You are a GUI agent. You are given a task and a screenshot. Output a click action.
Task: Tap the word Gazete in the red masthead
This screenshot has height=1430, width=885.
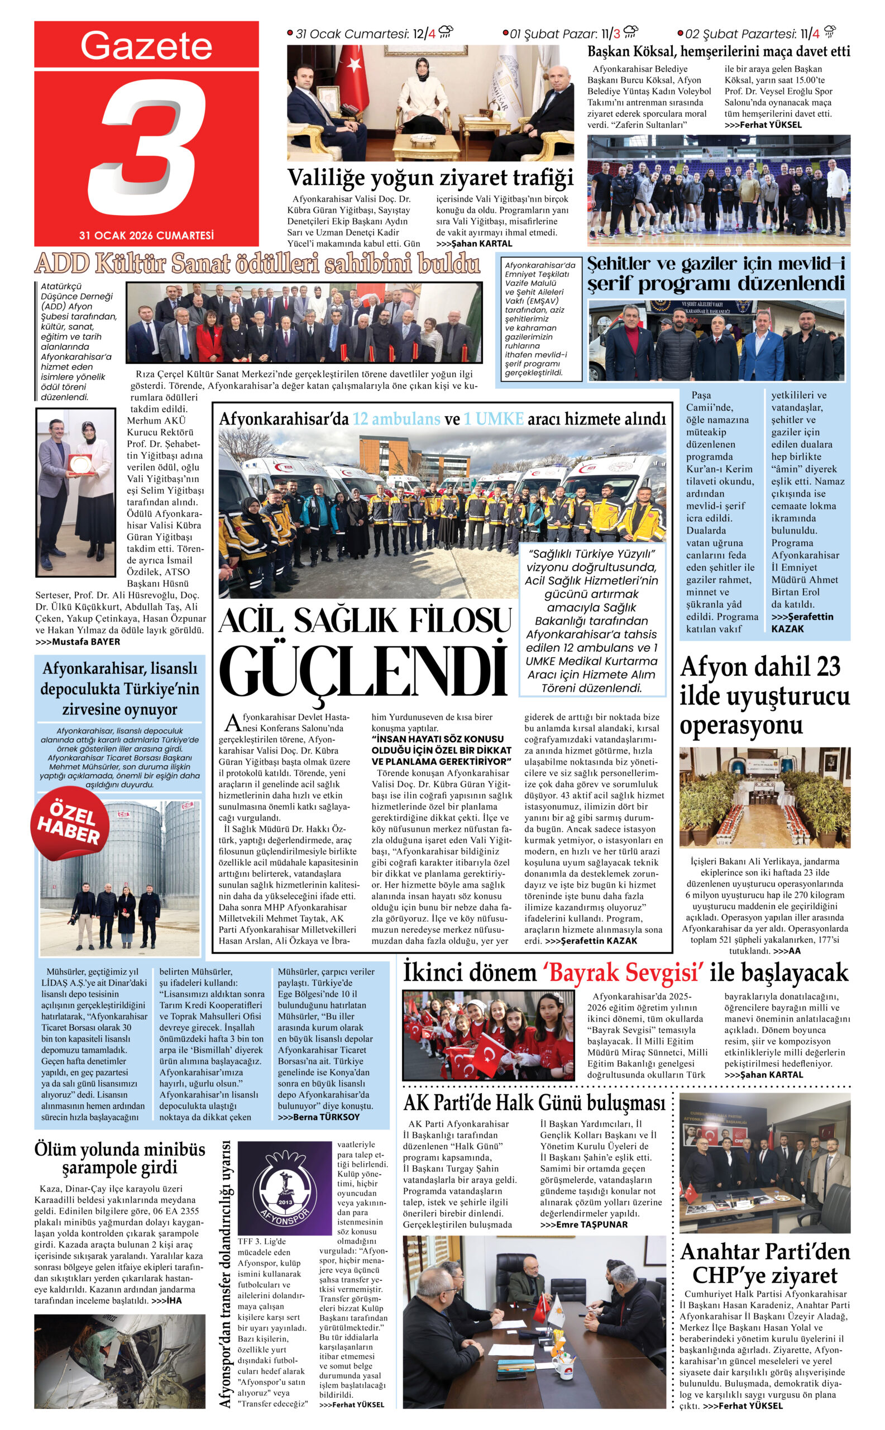tap(146, 46)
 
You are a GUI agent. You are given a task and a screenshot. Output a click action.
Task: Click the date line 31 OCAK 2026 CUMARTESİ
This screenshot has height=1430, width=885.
tap(146, 235)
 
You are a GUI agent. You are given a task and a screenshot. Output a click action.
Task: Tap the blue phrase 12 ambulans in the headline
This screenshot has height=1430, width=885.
tap(396, 419)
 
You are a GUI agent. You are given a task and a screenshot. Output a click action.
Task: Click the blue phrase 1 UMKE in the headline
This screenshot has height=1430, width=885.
tap(494, 419)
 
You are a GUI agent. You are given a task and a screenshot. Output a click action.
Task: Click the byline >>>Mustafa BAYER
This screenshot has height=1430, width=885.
tap(78, 642)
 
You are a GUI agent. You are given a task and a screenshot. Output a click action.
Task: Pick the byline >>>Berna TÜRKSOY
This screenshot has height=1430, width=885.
tap(318, 1117)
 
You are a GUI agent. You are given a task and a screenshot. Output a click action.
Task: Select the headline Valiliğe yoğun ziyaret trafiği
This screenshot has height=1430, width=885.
tap(430, 178)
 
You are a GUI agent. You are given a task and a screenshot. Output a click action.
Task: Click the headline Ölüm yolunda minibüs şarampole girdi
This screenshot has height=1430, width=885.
tap(120, 1158)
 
